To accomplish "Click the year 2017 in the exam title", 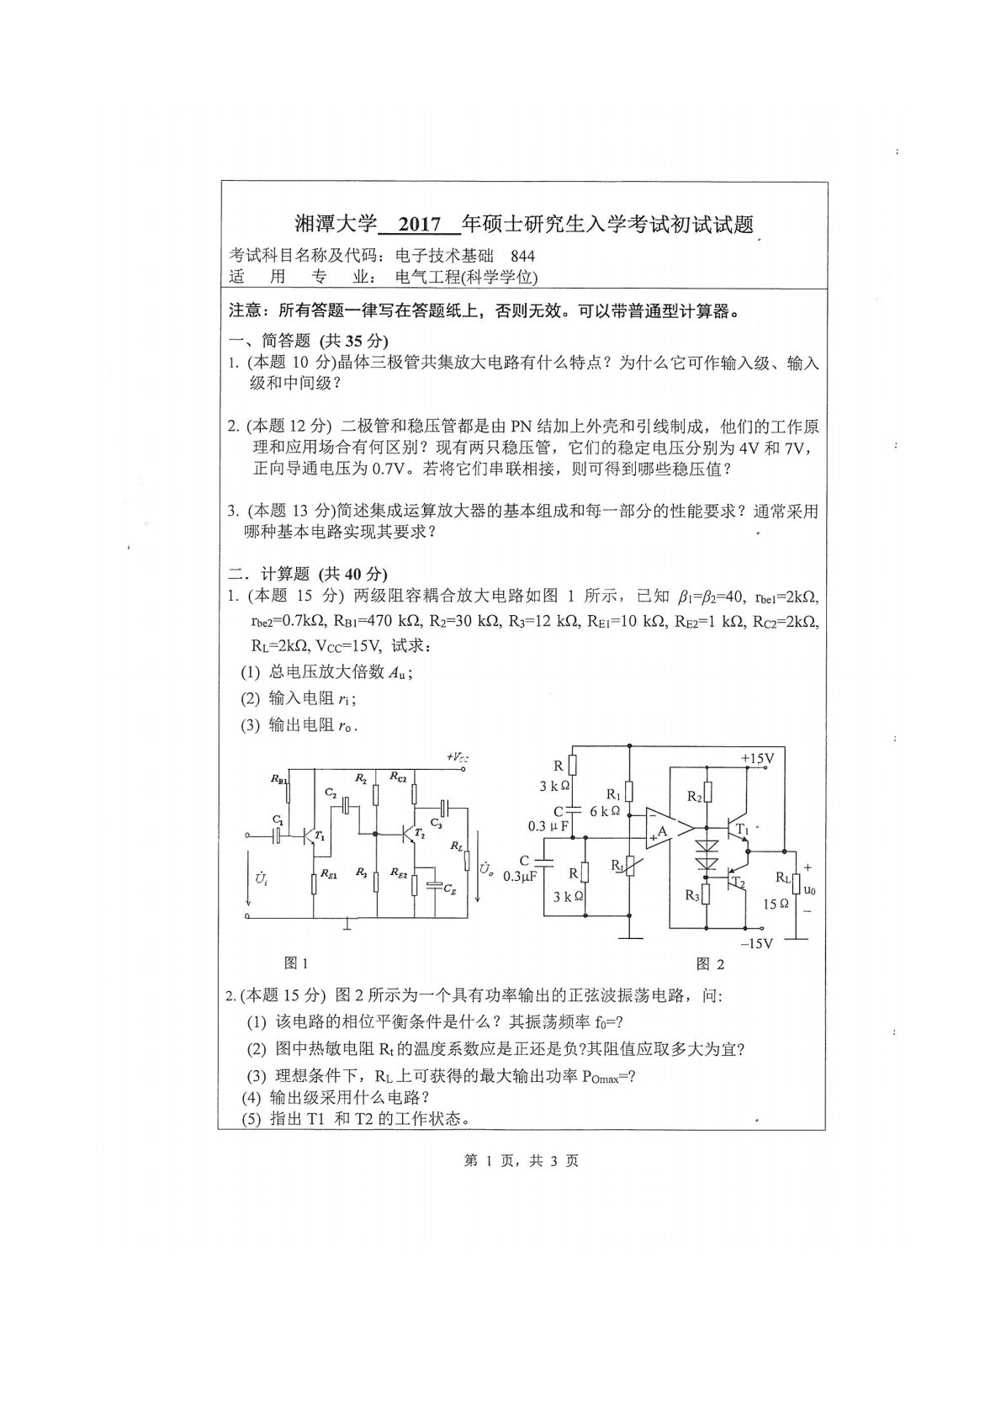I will point(420,225).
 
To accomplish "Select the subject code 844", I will point(522,257).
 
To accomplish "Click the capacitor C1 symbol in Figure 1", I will point(277,835).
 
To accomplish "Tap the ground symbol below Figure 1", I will point(347,925).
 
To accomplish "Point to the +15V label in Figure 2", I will point(756,758).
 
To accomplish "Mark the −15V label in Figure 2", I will point(756,943).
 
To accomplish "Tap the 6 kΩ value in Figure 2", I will point(605,811).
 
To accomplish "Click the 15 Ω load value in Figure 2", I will point(776,904).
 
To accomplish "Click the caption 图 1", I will point(297,963).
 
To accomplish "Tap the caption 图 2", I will point(710,964).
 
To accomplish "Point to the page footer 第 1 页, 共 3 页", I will point(521,1161).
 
